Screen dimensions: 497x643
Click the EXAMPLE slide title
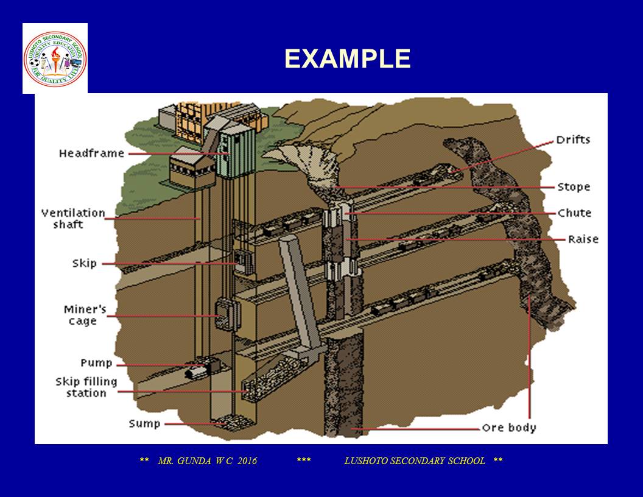[x=347, y=59]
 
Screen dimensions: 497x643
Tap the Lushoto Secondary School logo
[x=55, y=58]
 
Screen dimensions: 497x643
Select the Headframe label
[x=91, y=153]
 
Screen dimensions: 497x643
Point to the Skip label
[x=84, y=264]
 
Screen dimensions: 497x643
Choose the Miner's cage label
[x=85, y=315]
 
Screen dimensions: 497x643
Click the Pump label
[x=96, y=363]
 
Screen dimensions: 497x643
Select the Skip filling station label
[x=86, y=387]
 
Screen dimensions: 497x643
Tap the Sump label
[x=144, y=423]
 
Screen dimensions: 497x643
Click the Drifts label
[x=573, y=140]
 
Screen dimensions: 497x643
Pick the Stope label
[x=574, y=187]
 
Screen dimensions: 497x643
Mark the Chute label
[x=574, y=213]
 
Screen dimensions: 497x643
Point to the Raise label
[x=583, y=239]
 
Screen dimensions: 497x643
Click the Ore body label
[x=509, y=428]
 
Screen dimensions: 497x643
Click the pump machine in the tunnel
[x=203, y=367]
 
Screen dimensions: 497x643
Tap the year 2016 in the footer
[x=244, y=461]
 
